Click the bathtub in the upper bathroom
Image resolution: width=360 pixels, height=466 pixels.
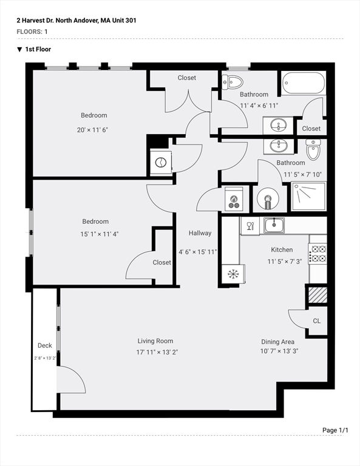304,83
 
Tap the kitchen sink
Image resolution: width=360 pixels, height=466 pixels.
274,225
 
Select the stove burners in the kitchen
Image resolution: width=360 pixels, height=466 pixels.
318,253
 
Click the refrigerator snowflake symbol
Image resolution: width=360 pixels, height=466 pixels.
233,274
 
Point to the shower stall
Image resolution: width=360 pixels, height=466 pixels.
308,196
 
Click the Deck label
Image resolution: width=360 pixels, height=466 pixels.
44,345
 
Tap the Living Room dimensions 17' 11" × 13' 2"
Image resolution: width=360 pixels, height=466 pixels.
157,352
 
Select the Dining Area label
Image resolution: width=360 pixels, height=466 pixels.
277,342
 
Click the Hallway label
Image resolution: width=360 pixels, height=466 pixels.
200,233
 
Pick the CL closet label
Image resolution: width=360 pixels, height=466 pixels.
317,321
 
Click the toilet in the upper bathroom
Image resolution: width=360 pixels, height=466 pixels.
233,82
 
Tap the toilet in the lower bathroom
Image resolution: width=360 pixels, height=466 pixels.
313,149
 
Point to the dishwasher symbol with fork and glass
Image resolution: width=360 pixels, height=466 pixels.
250,226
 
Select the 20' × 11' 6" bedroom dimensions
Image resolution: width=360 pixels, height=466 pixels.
92,130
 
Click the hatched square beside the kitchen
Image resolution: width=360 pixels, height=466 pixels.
318,295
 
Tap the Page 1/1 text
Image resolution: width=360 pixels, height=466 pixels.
335,430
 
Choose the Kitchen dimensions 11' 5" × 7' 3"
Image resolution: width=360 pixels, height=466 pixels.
285,262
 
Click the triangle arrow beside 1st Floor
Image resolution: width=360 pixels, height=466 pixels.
19,49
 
